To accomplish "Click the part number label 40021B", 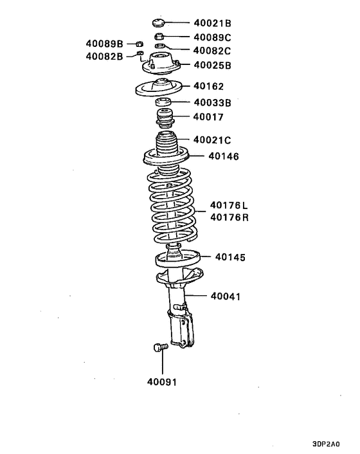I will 213,23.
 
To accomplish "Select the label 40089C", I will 213,37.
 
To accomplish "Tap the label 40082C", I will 213,50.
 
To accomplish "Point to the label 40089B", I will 104,44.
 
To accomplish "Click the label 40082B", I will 104,57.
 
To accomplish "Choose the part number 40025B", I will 213,65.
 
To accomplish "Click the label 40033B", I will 213,102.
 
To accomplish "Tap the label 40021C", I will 213,140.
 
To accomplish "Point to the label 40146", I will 223,156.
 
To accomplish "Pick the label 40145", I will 230,257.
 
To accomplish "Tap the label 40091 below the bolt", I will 161,381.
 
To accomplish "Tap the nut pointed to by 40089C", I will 161,37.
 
